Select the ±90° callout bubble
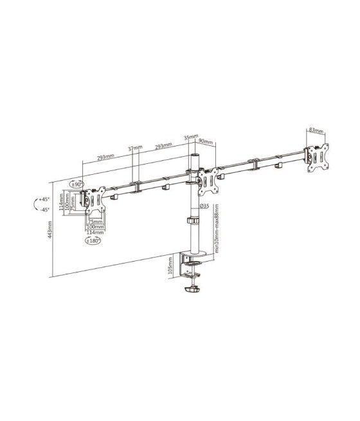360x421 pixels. pyautogui.click(x=78, y=184)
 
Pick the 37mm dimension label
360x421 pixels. pyautogui.click(x=134, y=149)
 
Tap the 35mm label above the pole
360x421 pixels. pyautogui.click(x=190, y=137)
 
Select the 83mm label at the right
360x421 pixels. pyautogui.click(x=316, y=130)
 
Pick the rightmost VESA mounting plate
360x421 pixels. pyautogui.click(x=317, y=157)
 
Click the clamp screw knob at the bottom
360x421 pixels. pyautogui.click(x=192, y=292)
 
